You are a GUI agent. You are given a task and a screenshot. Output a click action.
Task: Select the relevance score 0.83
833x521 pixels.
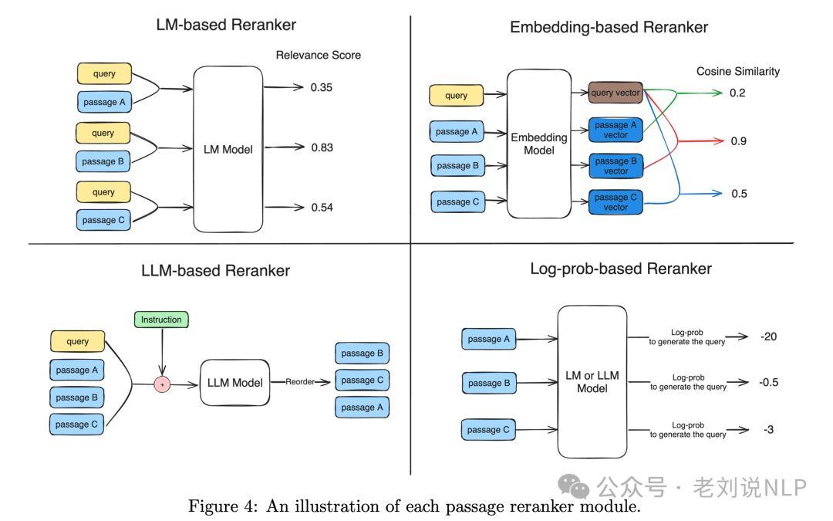pyautogui.click(x=322, y=147)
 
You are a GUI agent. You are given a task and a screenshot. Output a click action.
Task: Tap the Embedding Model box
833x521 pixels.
pyautogui.click(x=539, y=144)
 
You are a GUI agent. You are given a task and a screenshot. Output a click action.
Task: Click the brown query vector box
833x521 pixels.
pyautogui.click(x=615, y=93)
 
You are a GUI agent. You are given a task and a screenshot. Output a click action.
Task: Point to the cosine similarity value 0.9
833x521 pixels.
pyautogui.click(x=738, y=141)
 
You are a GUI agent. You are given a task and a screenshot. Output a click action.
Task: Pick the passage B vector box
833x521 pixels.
pyautogui.click(x=615, y=166)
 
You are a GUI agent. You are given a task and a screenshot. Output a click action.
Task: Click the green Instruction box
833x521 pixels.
pyautogui.click(x=161, y=320)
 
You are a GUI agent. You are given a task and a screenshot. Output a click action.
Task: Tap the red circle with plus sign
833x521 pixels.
pyautogui.click(x=162, y=384)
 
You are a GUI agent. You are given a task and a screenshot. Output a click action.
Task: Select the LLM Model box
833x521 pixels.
pyautogui.click(x=235, y=383)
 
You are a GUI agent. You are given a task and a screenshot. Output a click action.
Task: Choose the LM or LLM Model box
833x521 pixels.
pyautogui.click(x=592, y=381)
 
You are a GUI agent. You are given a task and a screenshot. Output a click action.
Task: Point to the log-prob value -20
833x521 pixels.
pyautogui.click(x=768, y=337)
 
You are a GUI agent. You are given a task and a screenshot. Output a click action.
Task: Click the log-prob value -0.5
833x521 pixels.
pyautogui.click(x=770, y=382)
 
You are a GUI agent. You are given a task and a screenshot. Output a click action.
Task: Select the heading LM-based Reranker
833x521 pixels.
pyautogui.click(x=226, y=25)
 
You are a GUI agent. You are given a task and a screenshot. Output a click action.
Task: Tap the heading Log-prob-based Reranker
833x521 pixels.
pyautogui.click(x=621, y=269)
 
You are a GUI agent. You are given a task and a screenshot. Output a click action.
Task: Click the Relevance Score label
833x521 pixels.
pyautogui.click(x=318, y=55)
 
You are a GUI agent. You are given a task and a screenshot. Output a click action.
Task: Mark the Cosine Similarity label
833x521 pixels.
pyautogui.click(x=737, y=71)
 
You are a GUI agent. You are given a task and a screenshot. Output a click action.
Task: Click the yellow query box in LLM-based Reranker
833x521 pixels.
pyautogui.click(x=77, y=341)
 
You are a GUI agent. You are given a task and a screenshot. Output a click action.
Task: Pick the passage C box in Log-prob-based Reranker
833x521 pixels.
pyautogui.click(x=489, y=430)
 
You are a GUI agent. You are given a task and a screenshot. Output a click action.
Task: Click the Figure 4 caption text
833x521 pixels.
pyautogui.click(x=414, y=507)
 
